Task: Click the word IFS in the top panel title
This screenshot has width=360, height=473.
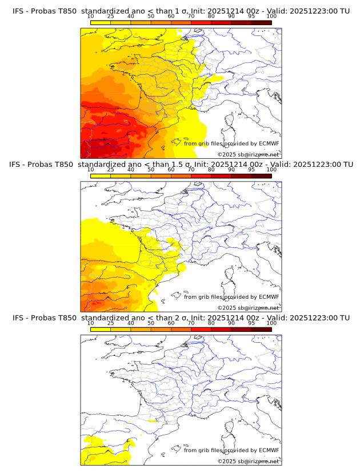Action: [x=19, y=11]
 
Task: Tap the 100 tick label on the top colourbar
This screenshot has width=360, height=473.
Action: [x=271, y=16]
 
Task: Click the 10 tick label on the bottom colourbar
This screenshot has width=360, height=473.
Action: [x=90, y=323]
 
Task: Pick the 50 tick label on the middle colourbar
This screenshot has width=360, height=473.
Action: [x=151, y=170]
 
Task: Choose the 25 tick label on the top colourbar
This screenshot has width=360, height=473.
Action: [x=110, y=16]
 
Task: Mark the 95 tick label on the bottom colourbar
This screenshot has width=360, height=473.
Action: [x=251, y=323]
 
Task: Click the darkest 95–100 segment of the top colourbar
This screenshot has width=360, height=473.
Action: [x=261, y=22]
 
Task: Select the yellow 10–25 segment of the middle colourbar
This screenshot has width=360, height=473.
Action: [x=101, y=176]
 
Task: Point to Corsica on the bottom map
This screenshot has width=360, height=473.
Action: [x=230, y=427]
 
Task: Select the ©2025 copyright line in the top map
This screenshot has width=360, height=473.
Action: [x=248, y=154]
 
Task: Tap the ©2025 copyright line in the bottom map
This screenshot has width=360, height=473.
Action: [x=248, y=460]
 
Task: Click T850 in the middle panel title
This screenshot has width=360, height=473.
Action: [x=66, y=165]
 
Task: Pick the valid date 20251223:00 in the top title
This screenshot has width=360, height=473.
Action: [x=313, y=11]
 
